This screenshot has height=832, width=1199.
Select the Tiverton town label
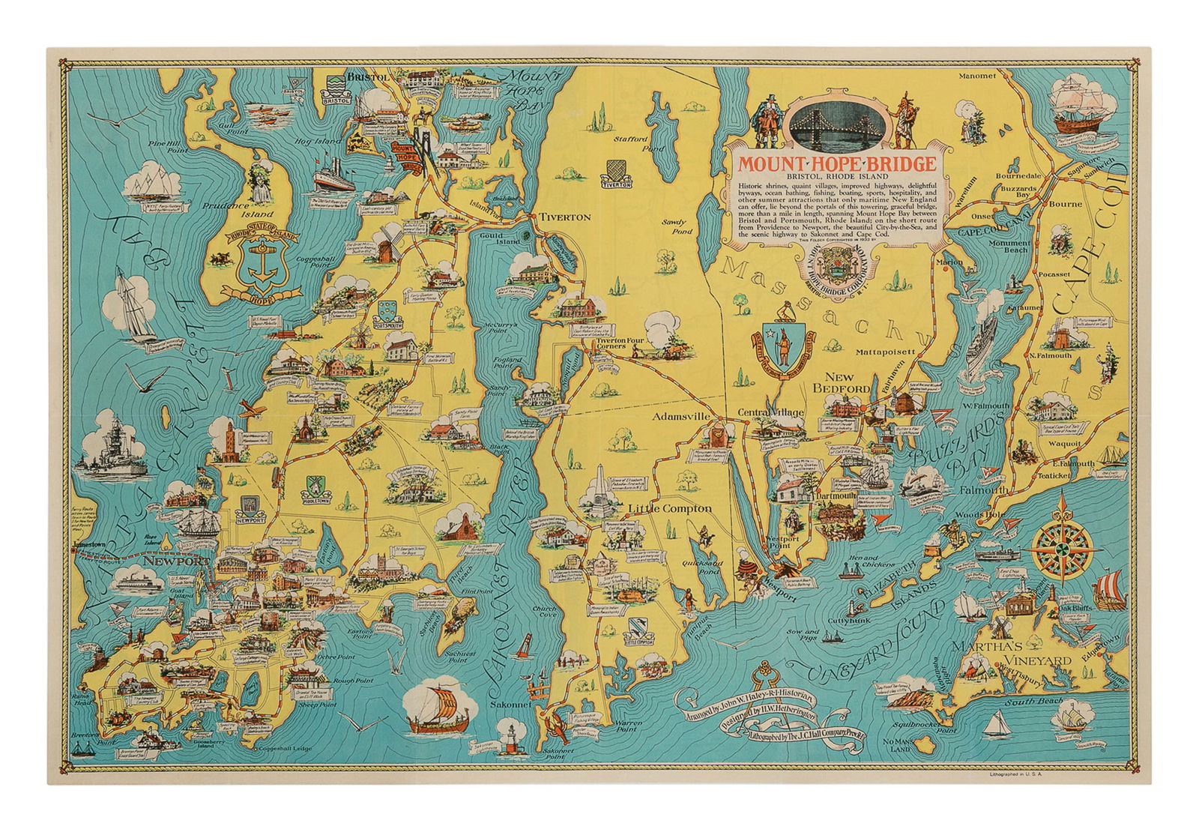pyautogui.click(x=565, y=217)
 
